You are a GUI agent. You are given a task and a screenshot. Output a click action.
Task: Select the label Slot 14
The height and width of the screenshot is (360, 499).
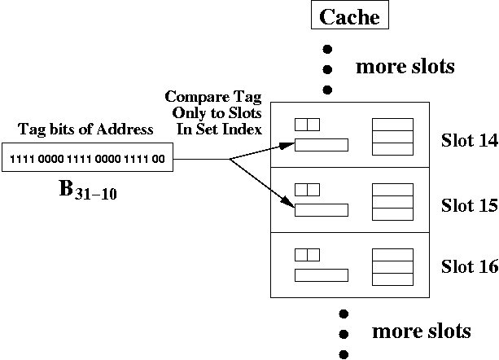(x=469, y=139)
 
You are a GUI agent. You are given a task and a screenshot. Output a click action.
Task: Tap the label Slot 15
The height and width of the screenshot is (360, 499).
(x=469, y=204)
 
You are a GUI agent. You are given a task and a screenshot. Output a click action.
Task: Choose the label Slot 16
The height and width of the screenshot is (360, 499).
(x=469, y=266)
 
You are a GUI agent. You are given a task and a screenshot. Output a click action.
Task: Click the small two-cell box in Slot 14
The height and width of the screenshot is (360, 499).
(x=307, y=125)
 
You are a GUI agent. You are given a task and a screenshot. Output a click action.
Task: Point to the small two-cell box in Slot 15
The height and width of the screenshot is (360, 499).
(x=307, y=189)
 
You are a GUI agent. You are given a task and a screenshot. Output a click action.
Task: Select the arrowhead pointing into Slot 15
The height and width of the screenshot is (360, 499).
(x=286, y=207)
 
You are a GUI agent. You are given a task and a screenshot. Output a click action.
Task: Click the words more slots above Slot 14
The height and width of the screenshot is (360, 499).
(x=405, y=66)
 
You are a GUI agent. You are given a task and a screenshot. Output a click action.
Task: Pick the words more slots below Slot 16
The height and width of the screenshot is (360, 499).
(x=421, y=331)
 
